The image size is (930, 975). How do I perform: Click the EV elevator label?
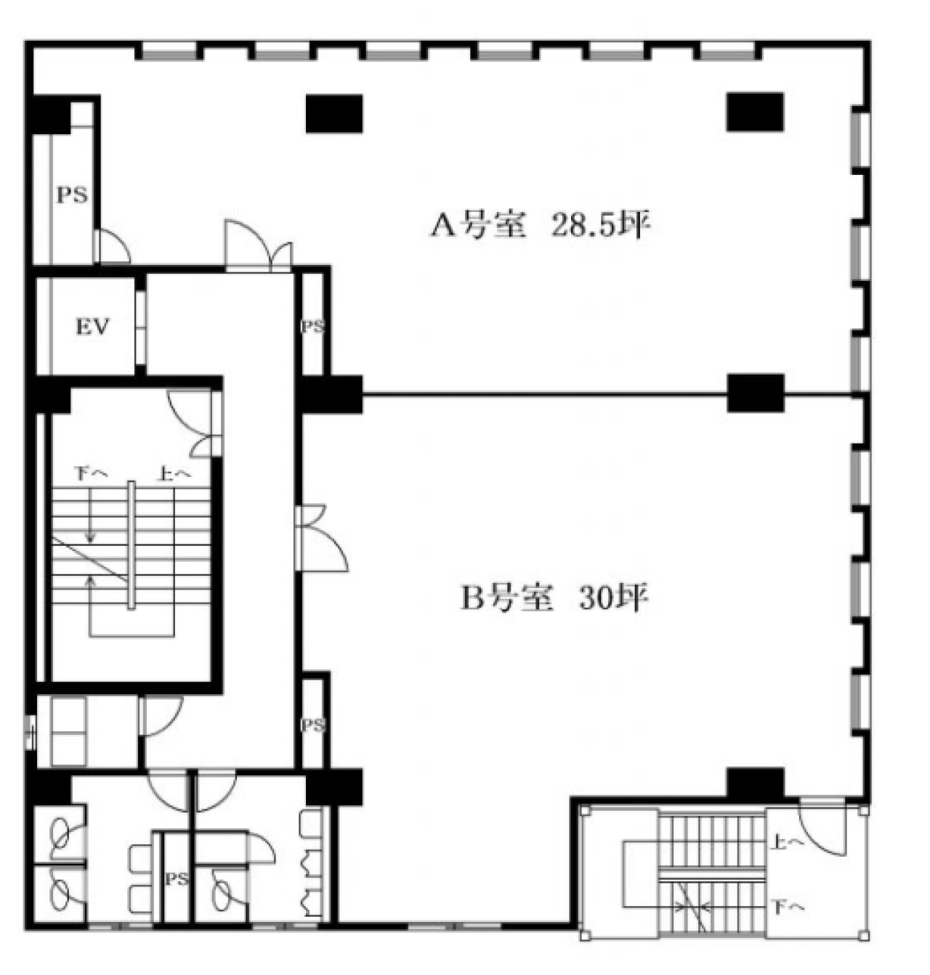tap(92, 327)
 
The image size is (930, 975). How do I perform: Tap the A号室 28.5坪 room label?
tap(540, 227)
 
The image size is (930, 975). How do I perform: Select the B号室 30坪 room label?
tap(555, 599)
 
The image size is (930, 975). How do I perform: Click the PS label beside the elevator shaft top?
tap(72, 195)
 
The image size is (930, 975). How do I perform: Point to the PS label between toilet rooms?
tap(177, 879)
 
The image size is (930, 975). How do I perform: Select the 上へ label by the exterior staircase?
tap(789, 841)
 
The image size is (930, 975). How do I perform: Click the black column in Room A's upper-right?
tap(755, 112)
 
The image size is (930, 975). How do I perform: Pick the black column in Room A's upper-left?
tap(334, 113)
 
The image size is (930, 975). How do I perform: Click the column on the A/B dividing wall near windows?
tap(756, 393)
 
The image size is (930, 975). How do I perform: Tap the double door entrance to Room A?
tap(259, 247)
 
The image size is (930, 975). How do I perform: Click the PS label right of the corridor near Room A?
tap(313, 327)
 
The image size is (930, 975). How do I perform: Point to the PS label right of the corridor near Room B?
tap(313, 726)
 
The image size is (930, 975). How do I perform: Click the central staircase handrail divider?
tap(131, 545)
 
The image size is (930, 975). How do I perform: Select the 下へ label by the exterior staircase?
tap(789, 907)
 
